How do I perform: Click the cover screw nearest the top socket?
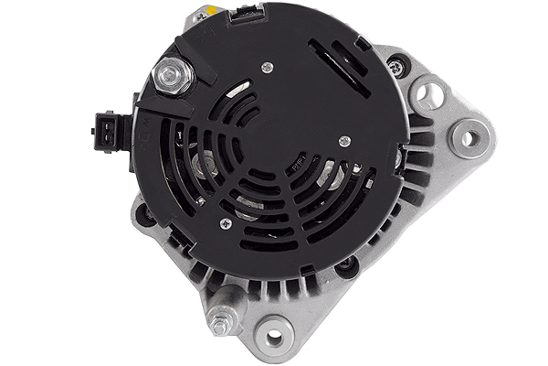(266, 66)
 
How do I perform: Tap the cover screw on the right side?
(343, 140)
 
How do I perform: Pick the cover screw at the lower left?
(224, 222)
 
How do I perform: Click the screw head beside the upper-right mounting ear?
(394, 66)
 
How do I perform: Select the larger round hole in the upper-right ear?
(429, 93)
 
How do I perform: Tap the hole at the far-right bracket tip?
(468, 138)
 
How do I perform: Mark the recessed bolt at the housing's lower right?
(346, 266)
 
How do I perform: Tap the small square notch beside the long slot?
(363, 43)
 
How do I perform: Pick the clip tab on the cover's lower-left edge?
(179, 240)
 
